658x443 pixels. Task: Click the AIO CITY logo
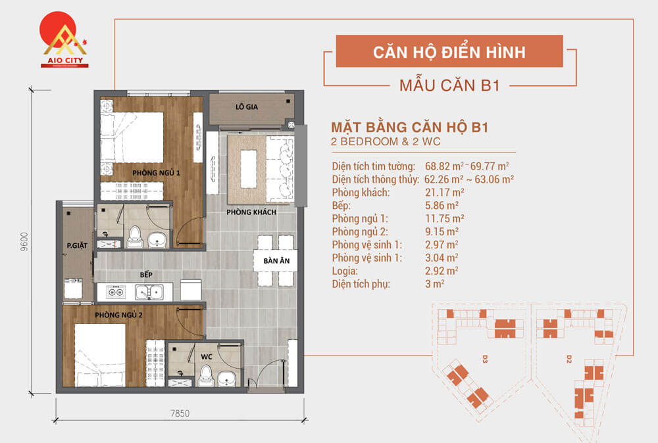[x=64, y=39]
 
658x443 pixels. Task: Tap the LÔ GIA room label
[x=247, y=107]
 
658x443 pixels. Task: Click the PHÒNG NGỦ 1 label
[x=156, y=173]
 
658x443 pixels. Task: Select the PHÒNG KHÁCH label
[x=251, y=212]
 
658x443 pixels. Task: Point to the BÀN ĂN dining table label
[x=276, y=261]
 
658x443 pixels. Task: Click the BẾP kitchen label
[x=146, y=275]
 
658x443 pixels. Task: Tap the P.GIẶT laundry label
[x=77, y=246]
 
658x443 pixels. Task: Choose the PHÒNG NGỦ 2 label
[x=118, y=315]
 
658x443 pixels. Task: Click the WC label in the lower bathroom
[x=207, y=357]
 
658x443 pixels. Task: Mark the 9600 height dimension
[x=24, y=242]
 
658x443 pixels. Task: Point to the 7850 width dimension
[x=180, y=413]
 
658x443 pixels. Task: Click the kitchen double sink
[x=149, y=292]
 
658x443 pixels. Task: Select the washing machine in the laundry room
[x=73, y=289]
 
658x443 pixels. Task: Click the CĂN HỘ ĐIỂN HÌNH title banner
[x=449, y=51]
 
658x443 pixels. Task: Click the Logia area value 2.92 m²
[x=442, y=271]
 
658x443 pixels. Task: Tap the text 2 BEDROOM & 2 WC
[x=386, y=142]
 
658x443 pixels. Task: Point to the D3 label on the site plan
[x=485, y=359]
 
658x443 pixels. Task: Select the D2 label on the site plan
[x=569, y=359]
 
